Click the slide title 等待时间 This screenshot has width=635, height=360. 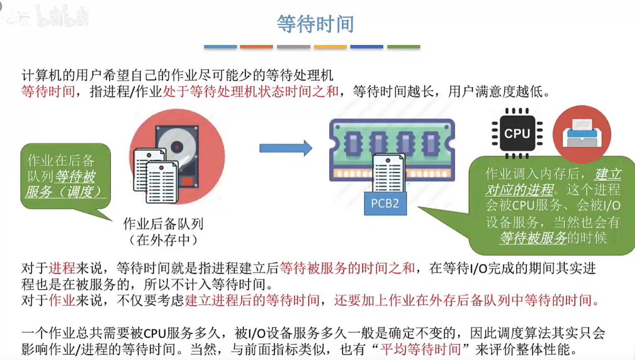coord(315,24)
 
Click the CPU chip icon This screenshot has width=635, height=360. coord(517,134)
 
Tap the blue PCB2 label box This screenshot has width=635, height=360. coord(385,204)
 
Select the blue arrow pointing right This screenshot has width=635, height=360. coord(286,148)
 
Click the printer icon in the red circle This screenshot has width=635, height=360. coord(582,134)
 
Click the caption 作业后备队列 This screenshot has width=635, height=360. coord(163,224)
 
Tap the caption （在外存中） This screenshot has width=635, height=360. coord(163,240)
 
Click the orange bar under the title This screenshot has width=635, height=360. coord(257,47)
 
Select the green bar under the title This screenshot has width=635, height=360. coord(403,47)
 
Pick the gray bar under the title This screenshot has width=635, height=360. coord(293,47)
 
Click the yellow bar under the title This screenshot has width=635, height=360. coord(330,47)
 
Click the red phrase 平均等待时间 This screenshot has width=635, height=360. coord(420,349)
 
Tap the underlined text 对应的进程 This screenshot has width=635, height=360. coord(519,190)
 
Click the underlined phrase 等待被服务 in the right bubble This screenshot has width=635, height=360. coord(533,238)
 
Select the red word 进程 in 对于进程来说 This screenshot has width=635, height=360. coord(62,268)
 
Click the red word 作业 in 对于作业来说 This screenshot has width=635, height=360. coord(62,300)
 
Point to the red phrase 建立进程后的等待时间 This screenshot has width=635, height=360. coord(252,300)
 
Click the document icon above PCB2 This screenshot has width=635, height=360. coord(388,172)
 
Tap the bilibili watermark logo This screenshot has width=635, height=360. coord(62,17)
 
